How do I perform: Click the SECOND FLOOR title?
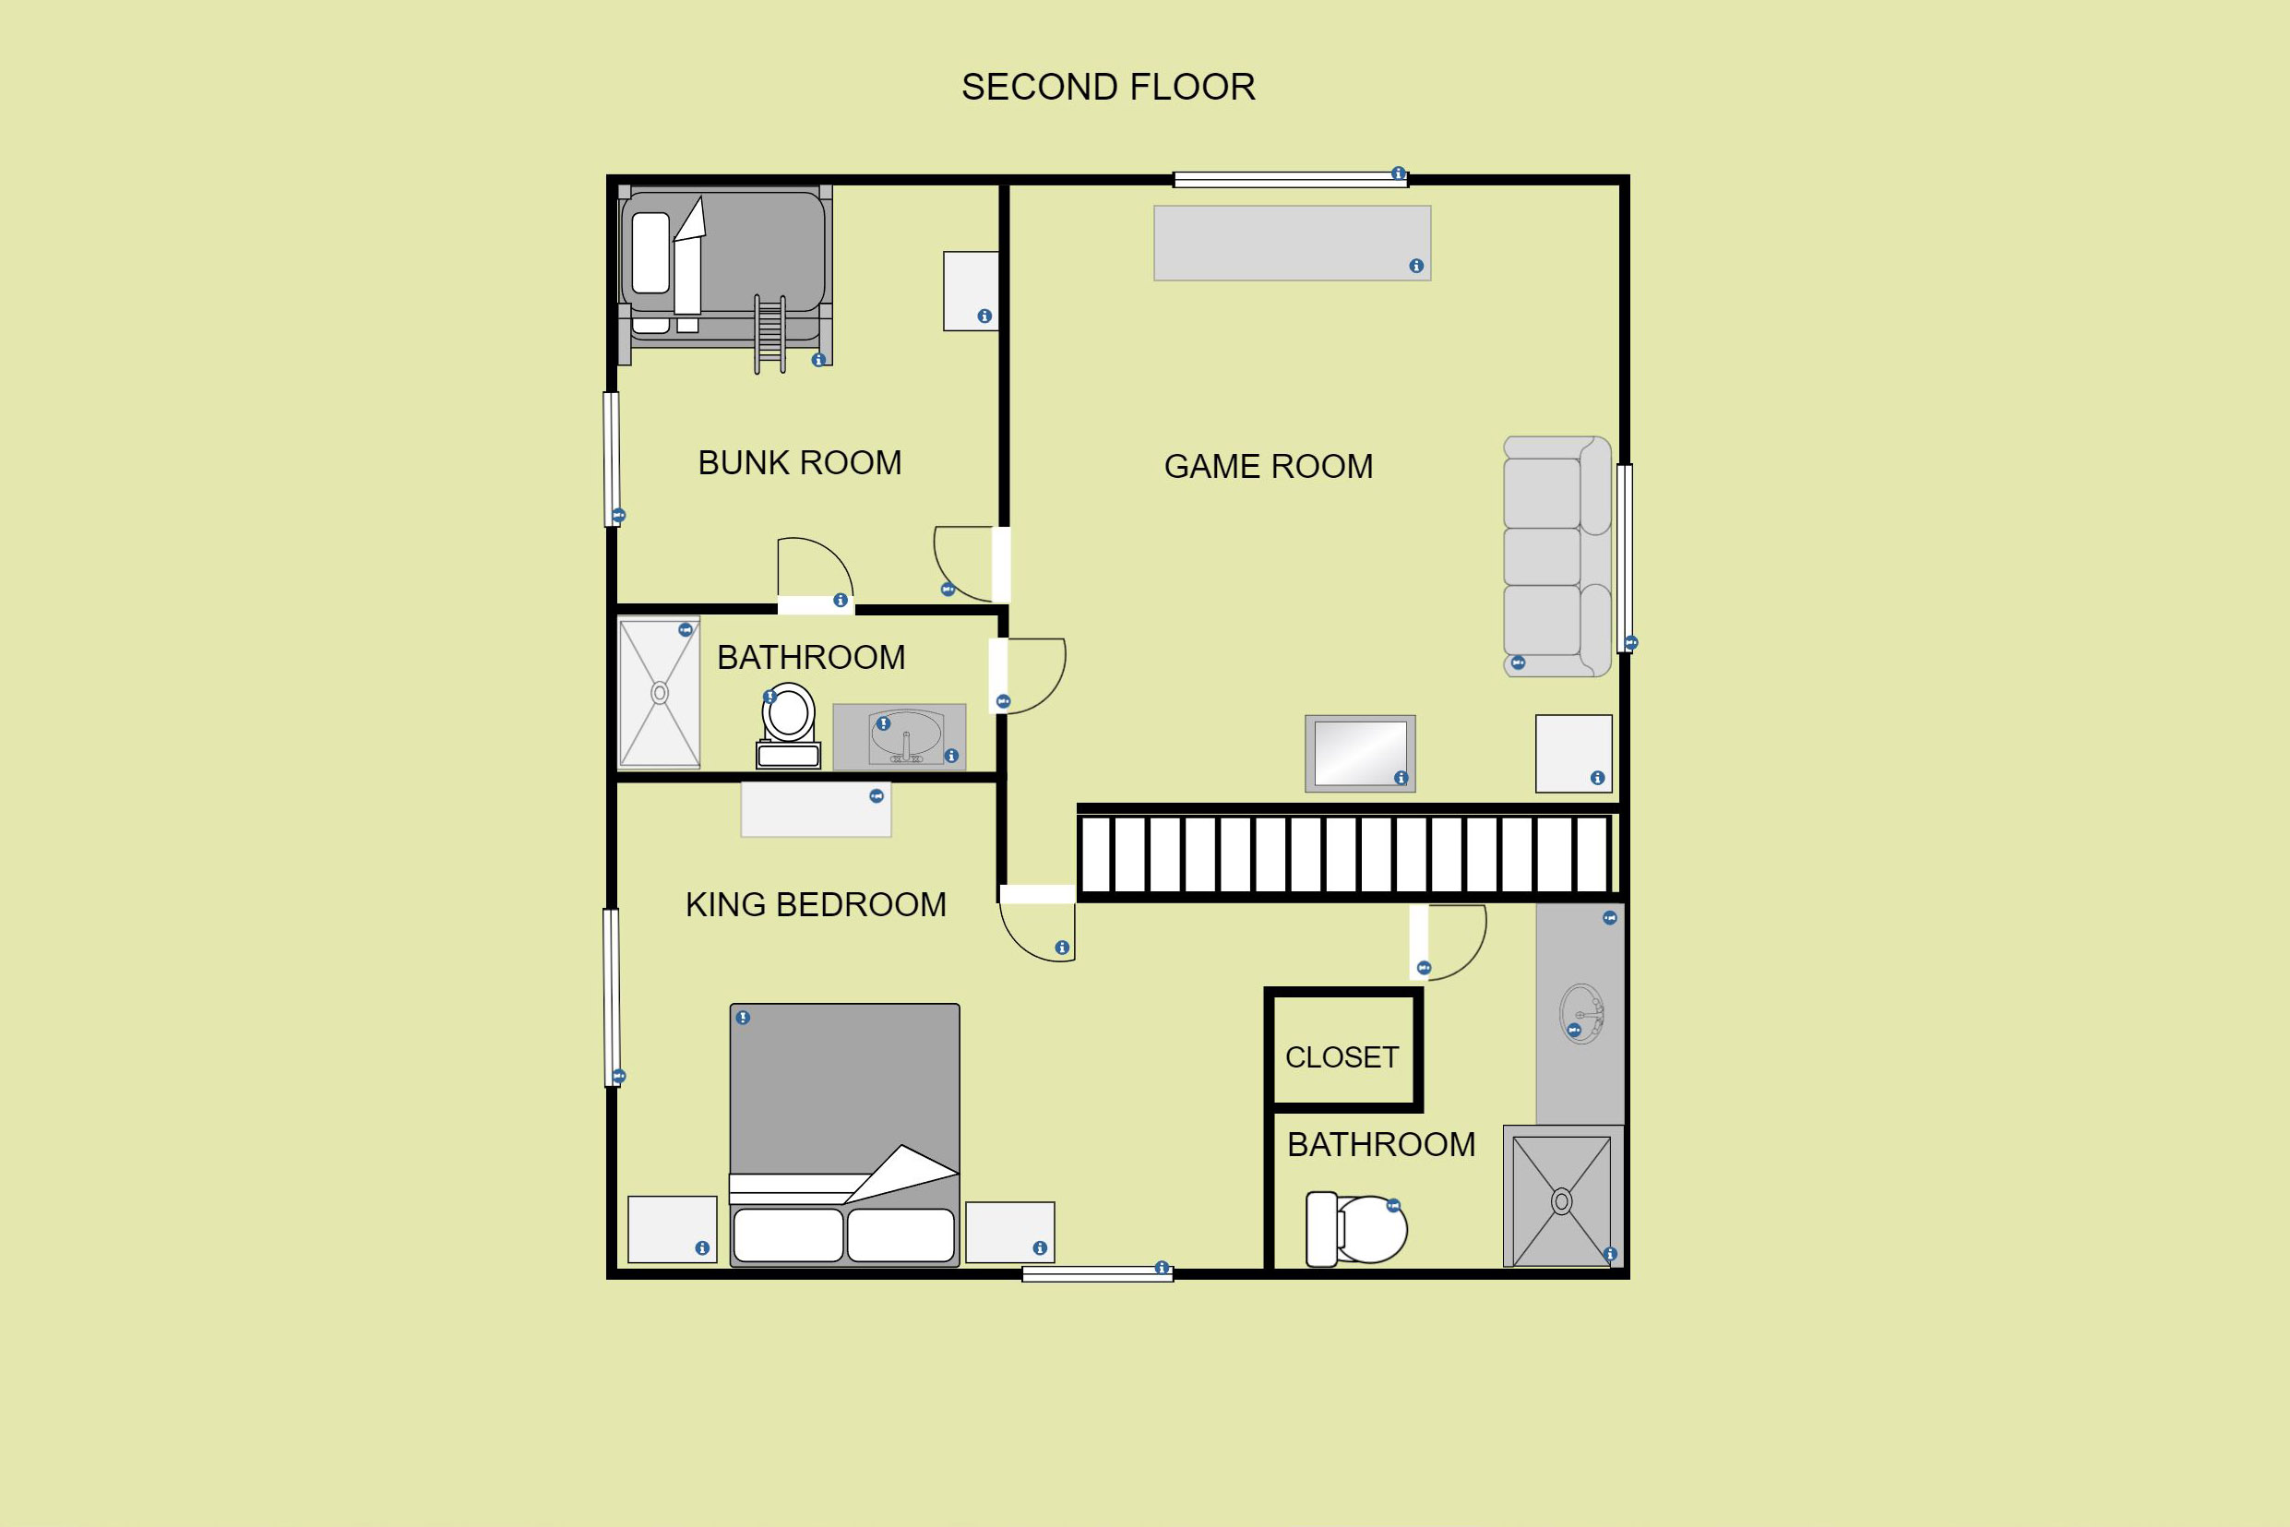pos(1108,88)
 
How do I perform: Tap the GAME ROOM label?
pos(1269,467)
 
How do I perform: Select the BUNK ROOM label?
pos(799,462)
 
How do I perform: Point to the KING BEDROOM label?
pos(816,905)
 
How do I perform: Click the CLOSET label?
pos(1342,1057)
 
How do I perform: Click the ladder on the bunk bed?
pos(769,334)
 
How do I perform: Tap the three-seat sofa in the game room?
pos(1556,556)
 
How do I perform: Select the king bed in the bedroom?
pos(844,1135)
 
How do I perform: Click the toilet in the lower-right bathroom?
pos(1356,1229)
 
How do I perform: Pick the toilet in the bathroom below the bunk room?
pos(788,725)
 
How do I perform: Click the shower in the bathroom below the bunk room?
pos(659,692)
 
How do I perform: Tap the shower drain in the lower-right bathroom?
pos(1562,1201)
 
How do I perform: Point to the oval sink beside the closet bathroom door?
pos(1581,1014)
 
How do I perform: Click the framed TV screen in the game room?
pos(1360,754)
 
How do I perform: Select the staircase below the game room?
pos(1345,854)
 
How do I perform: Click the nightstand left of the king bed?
pos(672,1229)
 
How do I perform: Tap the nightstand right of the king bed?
pos(1009,1232)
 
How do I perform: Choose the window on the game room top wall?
pos(1290,179)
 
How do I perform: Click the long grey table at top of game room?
pos(1292,244)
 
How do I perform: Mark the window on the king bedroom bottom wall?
pos(1097,1274)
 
